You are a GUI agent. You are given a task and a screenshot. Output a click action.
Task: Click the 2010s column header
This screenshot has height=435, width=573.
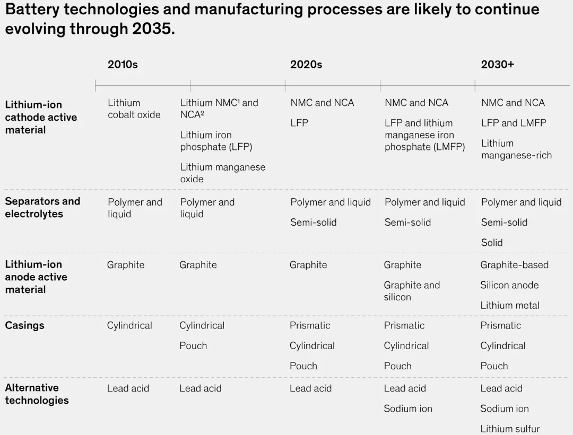(123, 65)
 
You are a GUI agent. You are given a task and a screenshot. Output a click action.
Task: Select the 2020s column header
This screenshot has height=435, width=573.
(306, 65)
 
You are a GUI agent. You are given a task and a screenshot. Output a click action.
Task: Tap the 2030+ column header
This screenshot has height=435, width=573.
(497, 65)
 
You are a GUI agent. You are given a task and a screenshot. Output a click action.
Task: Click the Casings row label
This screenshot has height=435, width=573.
(24, 325)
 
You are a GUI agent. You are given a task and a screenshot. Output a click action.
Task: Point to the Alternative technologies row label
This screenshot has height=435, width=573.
(37, 394)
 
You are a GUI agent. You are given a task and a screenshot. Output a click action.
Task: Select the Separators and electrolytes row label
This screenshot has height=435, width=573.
(42, 207)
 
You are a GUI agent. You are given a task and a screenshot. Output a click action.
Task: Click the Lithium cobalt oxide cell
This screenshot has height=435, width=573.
(134, 109)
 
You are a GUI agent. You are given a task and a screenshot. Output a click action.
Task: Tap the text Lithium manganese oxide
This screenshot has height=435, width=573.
(222, 173)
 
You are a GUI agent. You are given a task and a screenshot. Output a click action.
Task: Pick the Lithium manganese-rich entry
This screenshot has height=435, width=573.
(516, 149)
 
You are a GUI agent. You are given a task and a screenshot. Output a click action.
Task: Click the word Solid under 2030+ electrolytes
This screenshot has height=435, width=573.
(492, 242)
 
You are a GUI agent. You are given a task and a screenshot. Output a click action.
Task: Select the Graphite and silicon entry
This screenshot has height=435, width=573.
(412, 291)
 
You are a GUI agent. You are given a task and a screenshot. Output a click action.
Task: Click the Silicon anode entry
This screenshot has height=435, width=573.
(509, 285)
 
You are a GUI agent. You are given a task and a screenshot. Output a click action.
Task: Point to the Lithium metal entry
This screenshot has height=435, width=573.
(509, 305)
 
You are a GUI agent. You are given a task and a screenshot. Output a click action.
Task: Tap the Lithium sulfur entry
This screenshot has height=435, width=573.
(510, 429)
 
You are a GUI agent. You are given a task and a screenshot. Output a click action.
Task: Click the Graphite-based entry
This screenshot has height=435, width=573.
(514, 264)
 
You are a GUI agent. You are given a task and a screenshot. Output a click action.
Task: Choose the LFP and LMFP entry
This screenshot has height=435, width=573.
(513, 123)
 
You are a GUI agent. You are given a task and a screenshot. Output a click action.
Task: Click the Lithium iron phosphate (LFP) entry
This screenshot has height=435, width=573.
(216, 141)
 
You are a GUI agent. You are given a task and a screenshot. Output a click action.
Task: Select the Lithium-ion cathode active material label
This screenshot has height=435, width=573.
(41, 117)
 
